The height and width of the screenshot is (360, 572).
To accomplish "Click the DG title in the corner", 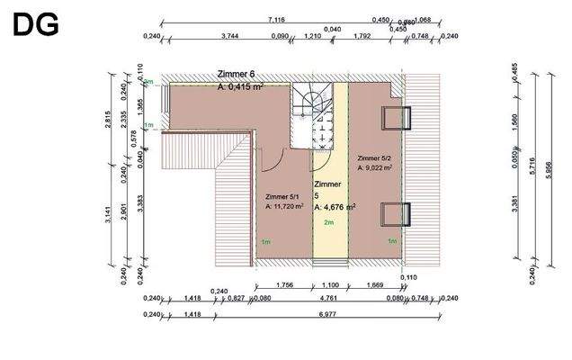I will (35, 24).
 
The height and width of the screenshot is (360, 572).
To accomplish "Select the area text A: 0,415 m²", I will (240, 87).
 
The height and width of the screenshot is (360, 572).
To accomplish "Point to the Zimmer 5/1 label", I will (283, 195).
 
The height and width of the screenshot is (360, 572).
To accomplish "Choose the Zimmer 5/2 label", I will (374, 157).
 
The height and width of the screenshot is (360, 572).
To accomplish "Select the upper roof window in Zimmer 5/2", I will (398, 119).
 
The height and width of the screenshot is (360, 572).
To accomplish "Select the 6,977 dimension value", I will (344, 316).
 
